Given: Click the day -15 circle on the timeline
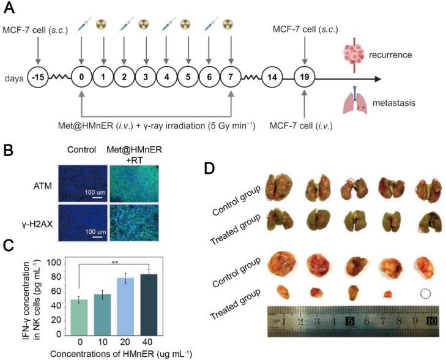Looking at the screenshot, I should (x=38, y=79).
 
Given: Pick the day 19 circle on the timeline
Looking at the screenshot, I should (x=304, y=79).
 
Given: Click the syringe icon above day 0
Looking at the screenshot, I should (x=81, y=26).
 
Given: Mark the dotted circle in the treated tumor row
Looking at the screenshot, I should (x=424, y=294).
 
